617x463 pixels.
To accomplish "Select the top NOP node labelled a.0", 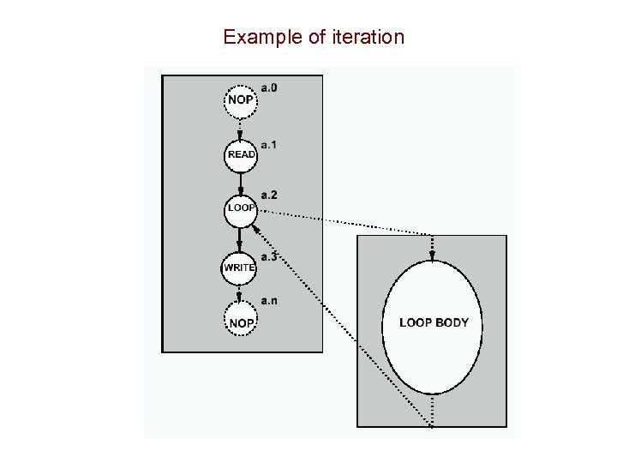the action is point(241,100).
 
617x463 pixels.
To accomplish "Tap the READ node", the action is point(241,154).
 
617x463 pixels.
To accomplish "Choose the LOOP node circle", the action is point(241,209).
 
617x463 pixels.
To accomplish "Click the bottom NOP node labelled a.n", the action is point(241,322).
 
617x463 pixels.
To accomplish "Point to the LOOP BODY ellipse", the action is point(433,323).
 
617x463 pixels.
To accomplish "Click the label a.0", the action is point(268,88).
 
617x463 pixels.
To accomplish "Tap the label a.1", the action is point(268,144).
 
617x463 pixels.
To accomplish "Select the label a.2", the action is point(268,196).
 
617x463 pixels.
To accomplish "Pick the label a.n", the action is point(268,300).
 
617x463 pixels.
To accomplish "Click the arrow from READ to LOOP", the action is point(241,182).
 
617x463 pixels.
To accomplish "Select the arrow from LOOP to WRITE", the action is point(241,239).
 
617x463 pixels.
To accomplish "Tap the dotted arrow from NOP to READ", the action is point(241,128).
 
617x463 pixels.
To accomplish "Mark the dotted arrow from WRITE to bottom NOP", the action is point(241,293).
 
